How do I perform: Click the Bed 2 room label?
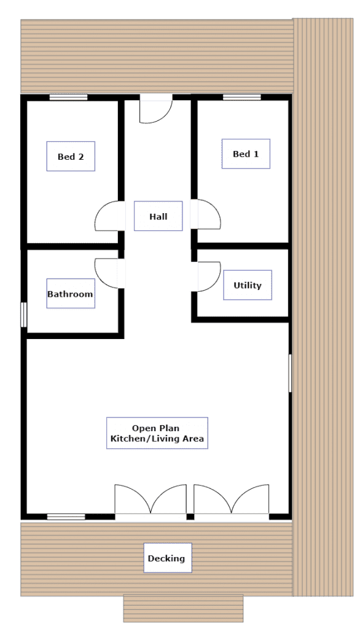tap(71, 157)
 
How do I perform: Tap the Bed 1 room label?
tap(246, 154)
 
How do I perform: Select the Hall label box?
tap(158, 216)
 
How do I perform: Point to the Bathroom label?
tap(71, 294)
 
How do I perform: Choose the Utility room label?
tap(248, 285)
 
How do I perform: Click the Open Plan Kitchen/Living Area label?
tap(157, 433)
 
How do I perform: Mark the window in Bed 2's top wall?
tap(68, 97)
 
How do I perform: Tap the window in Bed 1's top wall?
tap(242, 97)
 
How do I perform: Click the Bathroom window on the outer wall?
tap(24, 315)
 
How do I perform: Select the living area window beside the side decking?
tap(290, 373)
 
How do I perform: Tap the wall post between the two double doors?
tap(190, 517)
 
